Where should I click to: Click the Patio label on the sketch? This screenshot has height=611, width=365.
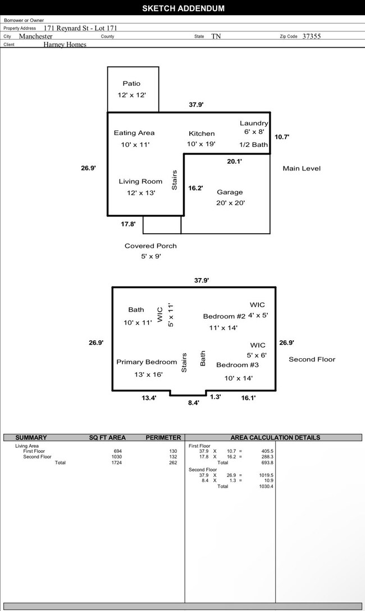coord(131,84)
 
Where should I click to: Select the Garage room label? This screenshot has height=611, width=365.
coord(230,192)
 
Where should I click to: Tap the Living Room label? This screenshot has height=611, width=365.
coord(140,182)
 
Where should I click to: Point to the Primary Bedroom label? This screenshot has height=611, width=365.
coord(147,362)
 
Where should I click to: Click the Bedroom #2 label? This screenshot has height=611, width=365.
coord(224,317)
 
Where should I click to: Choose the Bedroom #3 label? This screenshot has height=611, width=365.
coord(238,365)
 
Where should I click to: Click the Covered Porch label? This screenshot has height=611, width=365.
coord(150,246)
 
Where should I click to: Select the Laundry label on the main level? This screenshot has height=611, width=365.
coord(254,123)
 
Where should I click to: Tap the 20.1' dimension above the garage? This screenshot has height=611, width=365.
coord(234,161)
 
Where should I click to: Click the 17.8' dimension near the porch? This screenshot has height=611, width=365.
coord(128,224)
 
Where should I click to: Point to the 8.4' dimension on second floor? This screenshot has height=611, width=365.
coord(193,402)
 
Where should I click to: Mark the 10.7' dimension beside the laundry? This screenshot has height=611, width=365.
coord(282,137)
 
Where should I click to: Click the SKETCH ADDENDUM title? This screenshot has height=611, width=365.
coord(183,8)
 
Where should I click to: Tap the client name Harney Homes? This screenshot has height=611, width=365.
coord(65,44)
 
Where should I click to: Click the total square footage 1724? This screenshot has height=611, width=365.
coord(116,462)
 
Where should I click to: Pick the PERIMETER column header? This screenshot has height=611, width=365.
coord(163,437)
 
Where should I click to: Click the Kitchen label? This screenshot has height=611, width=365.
coord(201,133)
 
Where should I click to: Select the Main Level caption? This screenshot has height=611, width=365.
coord(302,168)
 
